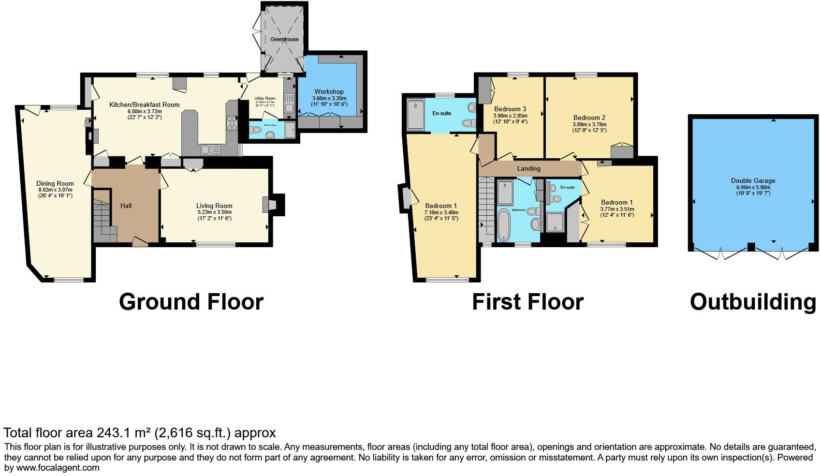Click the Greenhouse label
click(x=284, y=39)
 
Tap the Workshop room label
click(x=329, y=91)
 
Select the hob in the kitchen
click(x=232, y=123)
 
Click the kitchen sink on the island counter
click(x=211, y=150)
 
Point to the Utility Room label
click(x=265, y=98)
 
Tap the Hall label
click(x=126, y=206)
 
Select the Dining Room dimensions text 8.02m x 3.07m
click(x=55, y=190)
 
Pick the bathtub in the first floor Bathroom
click(x=503, y=225)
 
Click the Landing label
click(x=528, y=168)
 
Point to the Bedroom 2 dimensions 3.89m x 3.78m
click(x=589, y=124)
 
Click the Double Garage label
click(x=753, y=180)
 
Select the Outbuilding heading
click(x=753, y=302)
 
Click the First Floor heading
click(x=527, y=302)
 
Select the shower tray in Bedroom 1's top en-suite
click(x=416, y=115)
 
